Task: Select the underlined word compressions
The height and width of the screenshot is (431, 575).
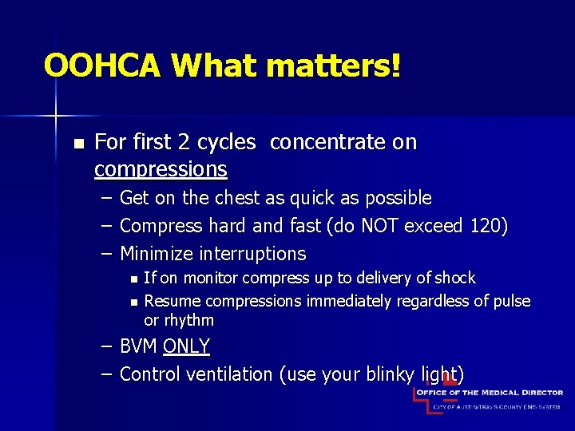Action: (x=161, y=169)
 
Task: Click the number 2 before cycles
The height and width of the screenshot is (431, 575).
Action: (x=184, y=142)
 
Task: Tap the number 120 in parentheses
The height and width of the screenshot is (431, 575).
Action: (x=483, y=226)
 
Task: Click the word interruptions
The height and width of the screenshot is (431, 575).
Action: (x=253, y=254)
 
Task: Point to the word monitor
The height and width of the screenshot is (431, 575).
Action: (x=211, y=278)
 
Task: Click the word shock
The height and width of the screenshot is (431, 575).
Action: (x=454, y=278)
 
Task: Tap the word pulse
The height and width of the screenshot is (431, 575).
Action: (x=511, y=301)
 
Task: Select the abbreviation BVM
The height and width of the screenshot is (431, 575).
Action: (x=138, y=346)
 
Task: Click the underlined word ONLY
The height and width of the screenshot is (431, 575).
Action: (x=186, y=346)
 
